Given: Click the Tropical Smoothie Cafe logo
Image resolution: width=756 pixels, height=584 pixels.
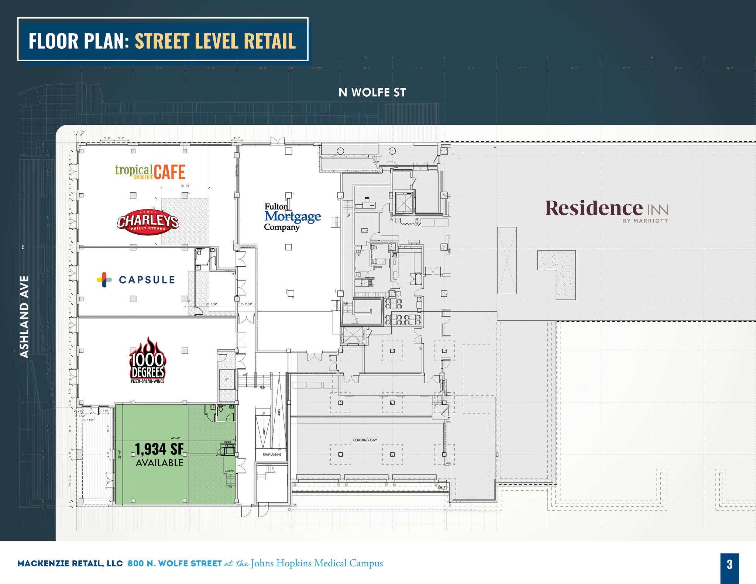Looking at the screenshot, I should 150,172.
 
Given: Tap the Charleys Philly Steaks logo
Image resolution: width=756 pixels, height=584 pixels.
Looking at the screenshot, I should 148,222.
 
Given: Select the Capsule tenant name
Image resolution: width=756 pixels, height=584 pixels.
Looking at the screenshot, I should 147,280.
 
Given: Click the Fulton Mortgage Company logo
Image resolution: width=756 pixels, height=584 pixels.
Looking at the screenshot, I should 292,217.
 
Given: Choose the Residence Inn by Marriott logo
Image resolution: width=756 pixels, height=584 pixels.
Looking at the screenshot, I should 606,210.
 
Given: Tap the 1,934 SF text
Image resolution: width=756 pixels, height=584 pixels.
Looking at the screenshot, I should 159,449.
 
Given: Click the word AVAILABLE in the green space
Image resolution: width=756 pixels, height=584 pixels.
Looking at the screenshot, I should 159,463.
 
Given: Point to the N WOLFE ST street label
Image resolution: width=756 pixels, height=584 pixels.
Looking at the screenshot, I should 372,93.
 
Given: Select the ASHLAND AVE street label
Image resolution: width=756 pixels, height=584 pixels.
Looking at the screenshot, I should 24,317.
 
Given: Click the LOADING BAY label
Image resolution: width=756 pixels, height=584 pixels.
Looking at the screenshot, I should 365,440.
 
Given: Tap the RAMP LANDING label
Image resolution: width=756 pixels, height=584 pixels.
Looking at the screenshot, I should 272,455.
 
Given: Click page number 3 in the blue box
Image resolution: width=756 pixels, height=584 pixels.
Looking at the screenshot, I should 729,564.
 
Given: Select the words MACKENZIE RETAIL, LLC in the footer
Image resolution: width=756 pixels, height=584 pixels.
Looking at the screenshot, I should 70,564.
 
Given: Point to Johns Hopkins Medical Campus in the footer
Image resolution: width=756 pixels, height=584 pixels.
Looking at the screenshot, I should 317,563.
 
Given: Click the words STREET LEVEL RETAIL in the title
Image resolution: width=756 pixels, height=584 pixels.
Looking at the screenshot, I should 215,41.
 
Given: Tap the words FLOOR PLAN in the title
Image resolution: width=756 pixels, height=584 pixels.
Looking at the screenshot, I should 79,41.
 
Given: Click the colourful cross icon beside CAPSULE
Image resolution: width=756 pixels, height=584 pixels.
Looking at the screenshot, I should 104,280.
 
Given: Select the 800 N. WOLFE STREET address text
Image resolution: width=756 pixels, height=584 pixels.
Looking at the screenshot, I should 175,564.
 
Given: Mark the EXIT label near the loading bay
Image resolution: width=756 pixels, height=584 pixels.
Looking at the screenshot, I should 441,487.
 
